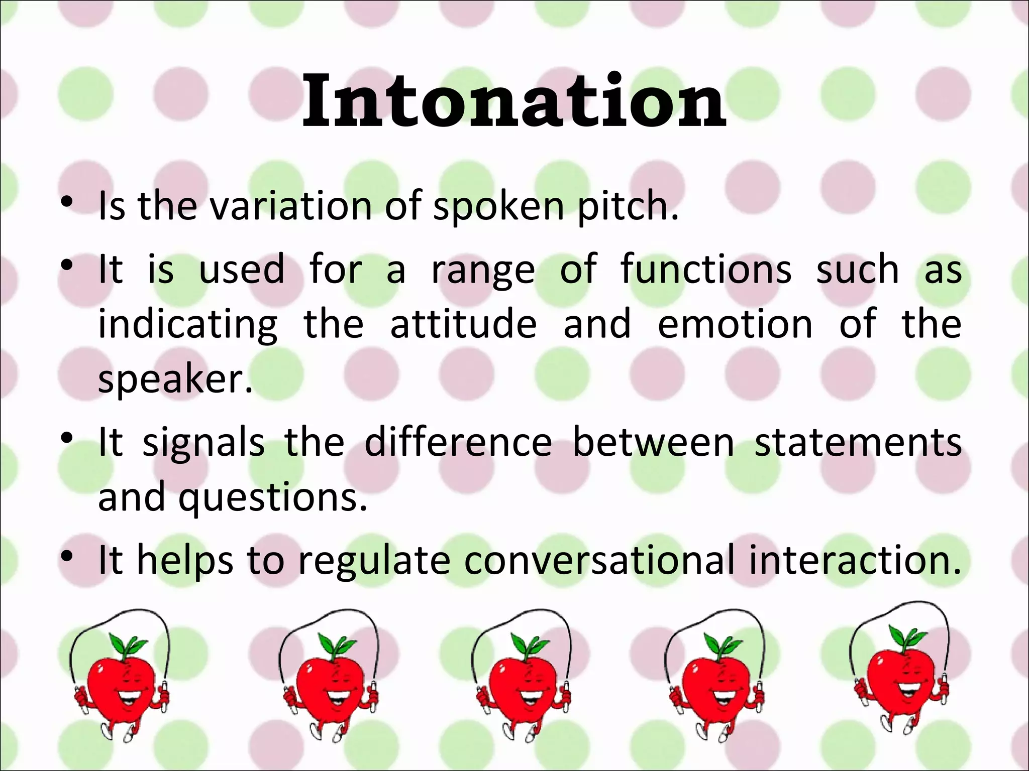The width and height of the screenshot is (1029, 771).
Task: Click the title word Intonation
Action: click(x=514, y=100)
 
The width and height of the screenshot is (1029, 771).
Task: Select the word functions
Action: click(x=705, y=270)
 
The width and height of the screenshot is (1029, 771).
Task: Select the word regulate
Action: click(x=374, y=561)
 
